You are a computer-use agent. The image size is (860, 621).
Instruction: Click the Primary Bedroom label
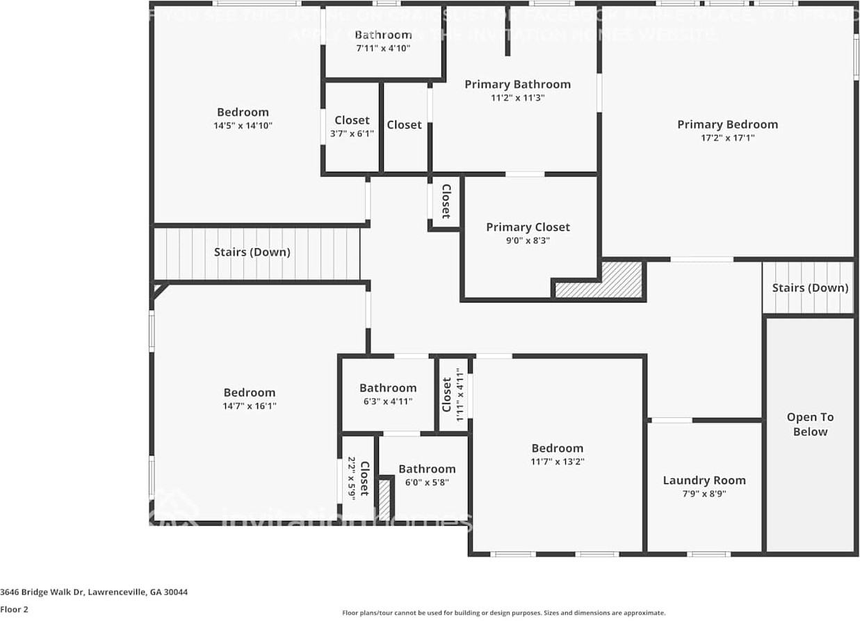coord(727,124)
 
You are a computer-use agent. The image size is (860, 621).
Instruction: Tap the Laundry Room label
coord(704,481)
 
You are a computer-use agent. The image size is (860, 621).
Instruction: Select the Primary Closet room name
coord(528,227)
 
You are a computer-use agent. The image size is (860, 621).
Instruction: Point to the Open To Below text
coord(810,424)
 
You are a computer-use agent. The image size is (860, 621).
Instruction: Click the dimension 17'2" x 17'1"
coord(727,138)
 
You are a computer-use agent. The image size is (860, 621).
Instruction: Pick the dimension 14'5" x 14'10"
coord(243,126)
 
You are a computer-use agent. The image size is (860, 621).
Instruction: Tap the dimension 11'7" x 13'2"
coord(558,461)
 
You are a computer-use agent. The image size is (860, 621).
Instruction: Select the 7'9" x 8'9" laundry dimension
coord(704,494)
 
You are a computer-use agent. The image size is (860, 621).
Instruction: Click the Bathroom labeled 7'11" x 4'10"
coord(383,35)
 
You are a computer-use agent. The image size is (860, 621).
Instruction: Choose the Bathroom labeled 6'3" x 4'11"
coord(388,388)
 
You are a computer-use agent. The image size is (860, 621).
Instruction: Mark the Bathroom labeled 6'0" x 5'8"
coord(427,469)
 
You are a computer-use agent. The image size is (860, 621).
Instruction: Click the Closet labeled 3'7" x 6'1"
coord(352,120)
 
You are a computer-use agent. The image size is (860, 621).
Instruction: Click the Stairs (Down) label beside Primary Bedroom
coord(810,288)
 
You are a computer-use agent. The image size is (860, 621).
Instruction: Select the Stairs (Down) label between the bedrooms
coord(252,252)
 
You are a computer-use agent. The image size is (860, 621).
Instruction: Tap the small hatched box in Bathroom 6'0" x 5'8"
coord(384,499)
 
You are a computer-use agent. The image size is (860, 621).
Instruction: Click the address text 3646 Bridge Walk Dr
coord(94,592)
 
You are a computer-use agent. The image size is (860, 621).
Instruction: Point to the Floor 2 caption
coord(15,610)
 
